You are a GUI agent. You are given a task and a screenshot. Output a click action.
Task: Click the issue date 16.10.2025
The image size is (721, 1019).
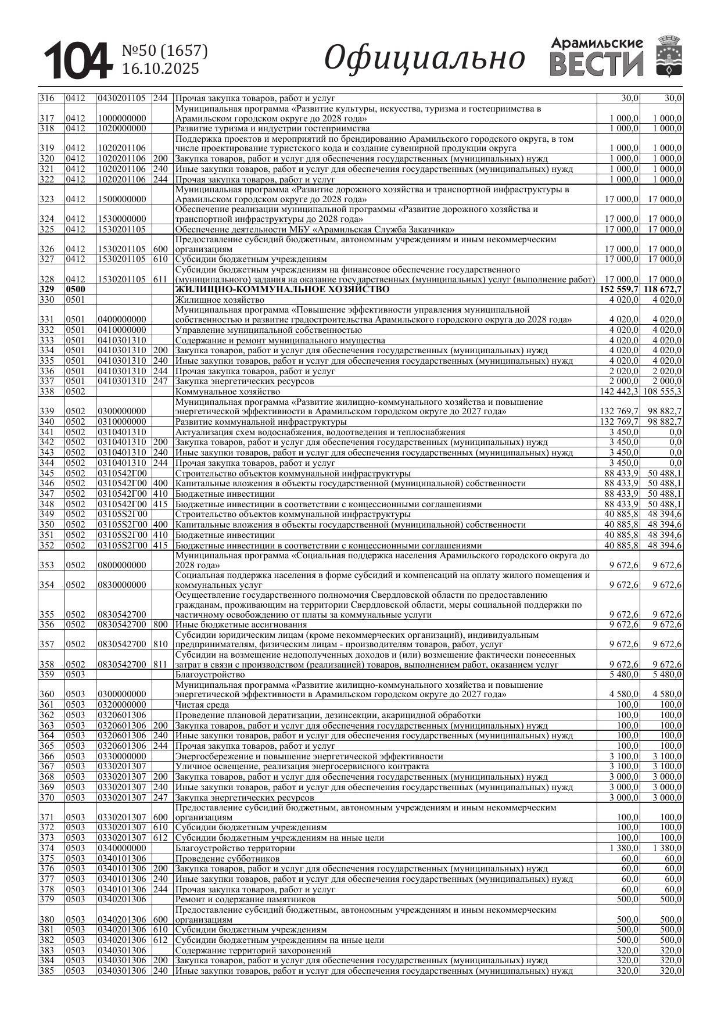(160, 69)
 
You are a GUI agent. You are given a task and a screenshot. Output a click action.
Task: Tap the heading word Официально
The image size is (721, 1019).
(424, 58)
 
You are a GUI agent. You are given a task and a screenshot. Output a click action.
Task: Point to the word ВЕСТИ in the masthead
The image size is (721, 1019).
(597, 64)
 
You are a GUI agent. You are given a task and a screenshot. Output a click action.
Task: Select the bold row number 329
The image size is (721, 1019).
(46, 289)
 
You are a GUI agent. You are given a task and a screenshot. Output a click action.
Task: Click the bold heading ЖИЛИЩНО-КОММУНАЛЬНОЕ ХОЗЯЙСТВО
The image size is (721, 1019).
(282, 289)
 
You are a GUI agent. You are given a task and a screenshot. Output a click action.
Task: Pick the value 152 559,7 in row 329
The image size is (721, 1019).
(619, 289)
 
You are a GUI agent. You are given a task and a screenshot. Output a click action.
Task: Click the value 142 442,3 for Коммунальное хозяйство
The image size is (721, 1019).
(619, 392)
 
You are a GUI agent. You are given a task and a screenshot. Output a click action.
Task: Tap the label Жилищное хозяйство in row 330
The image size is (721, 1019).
(220, 300)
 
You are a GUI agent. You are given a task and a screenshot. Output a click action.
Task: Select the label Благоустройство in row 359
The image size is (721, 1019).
(210, 674)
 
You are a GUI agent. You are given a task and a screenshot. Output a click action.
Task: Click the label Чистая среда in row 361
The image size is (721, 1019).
(202, 705)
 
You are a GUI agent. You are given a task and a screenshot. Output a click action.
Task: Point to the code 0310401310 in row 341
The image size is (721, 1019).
(122, 432)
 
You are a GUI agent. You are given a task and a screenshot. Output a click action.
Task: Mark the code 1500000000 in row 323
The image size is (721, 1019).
(122, 199)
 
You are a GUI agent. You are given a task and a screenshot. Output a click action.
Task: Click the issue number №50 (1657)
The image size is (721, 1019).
(164, 51)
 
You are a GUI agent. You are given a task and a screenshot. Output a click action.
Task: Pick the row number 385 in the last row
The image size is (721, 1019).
(46, 971)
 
